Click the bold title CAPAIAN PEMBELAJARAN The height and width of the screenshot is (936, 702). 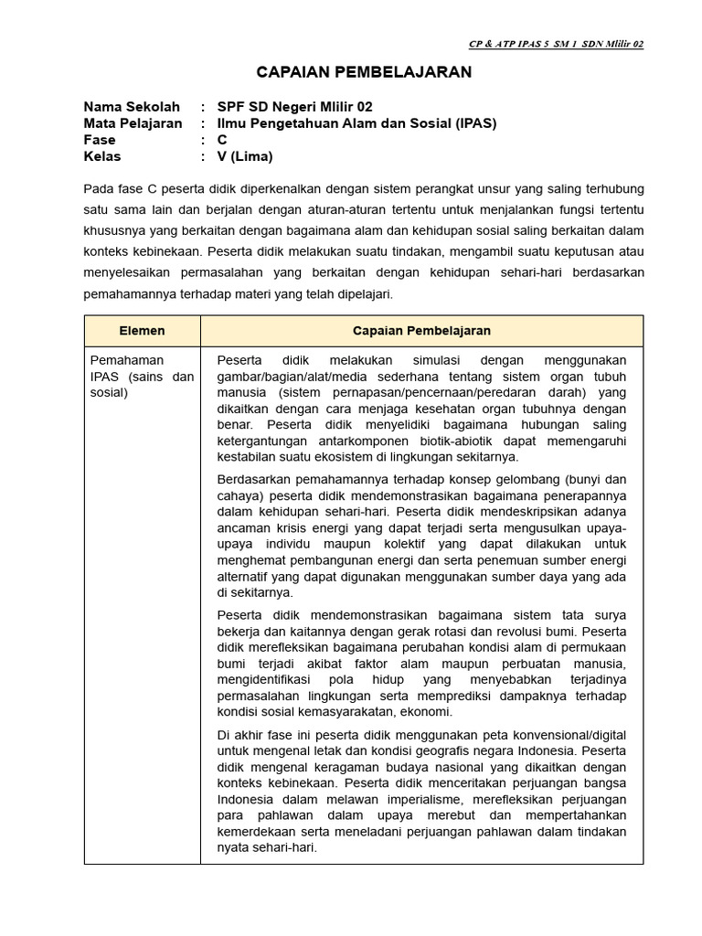pos(364,72)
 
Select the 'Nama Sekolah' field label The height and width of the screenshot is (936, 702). pos(132,107)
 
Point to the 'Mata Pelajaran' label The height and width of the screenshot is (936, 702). pos(133,123)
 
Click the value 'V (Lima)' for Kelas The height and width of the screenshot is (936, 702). pos(244,156)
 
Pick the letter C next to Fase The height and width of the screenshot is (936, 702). pos(222,140)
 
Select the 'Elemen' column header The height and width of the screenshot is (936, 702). pos(142,331)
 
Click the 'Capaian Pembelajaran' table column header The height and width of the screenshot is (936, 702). pos(421,331)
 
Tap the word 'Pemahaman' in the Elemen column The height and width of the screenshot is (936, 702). pos(126,360)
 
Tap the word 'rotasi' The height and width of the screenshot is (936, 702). pos(481,631)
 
